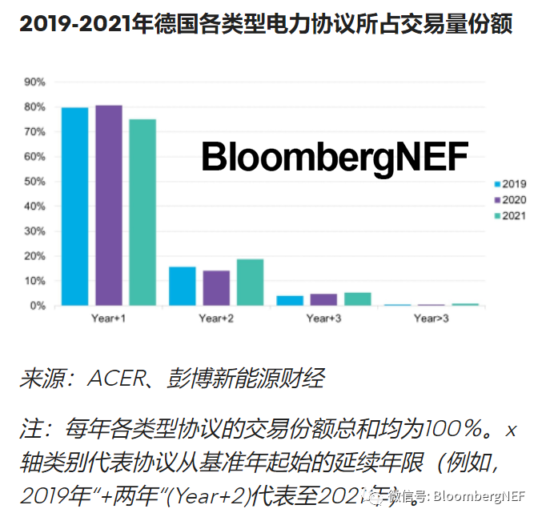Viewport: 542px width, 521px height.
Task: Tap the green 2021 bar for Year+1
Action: pyautogui.click(x=143, y=212)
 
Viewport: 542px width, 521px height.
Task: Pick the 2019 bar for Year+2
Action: pyautogui.click(x=183, y=287)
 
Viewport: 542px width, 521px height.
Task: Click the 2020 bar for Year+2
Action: pyautogui.click(x=216, y=288)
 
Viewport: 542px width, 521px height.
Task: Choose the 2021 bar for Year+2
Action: pyautogui.click(x=250, y=283)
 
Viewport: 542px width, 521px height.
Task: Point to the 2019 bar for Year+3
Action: pyautogui.click(x=290, y=301)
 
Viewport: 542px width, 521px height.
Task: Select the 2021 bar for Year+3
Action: pyautogui.click(x=357, y=299)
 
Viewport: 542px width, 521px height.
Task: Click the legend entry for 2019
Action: pyautogui.click(x=510, y=183)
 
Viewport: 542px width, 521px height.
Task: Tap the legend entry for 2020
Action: pyautogui.click(x=510, y=199)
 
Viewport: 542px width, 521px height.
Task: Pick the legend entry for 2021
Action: pyautogui.click(x=510, y=215)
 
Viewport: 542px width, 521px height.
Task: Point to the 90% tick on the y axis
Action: pyautogui.click(x=35, y=82)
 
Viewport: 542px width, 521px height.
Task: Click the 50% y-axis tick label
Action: pyautogui.click(x=35, y=182)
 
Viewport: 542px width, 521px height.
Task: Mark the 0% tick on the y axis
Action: pyautogui.click(x=38, y=306)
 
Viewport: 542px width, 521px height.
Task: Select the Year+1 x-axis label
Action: pyautogui.click(x=109, y=319)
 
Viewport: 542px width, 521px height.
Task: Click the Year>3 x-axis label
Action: pyautogui.click(x=432, y=319)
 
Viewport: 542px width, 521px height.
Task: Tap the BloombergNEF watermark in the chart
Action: pyautogui.click(x=335, y=157)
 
